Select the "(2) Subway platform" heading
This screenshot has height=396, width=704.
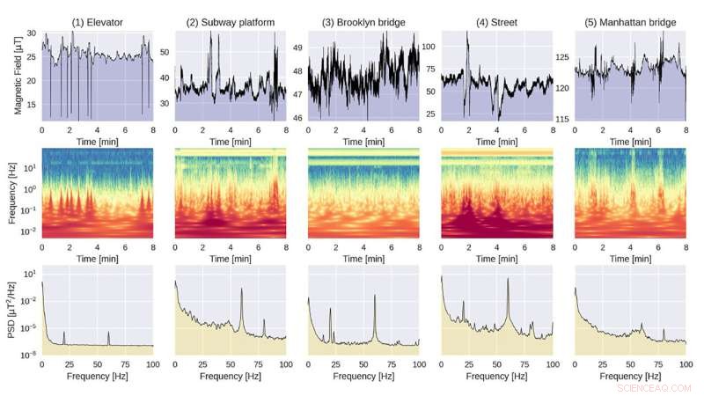[x=230, y=21]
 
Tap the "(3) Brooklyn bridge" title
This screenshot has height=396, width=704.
[x=363, y=21]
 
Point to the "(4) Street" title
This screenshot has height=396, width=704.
[x=496, y=21]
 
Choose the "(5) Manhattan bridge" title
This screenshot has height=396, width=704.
[x=630, y=21]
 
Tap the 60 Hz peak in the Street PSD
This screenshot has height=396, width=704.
[x=507, y=280]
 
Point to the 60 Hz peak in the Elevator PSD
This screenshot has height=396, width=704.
[x=108, y=333]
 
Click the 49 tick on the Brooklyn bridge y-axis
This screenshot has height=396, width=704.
[x=297, y=48]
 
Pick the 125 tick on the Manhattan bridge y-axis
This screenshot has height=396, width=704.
[x=561, y=57]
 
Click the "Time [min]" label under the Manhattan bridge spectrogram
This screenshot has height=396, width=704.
[x=630, y=260]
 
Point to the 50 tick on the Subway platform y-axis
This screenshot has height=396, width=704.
[x=165, y=53]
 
